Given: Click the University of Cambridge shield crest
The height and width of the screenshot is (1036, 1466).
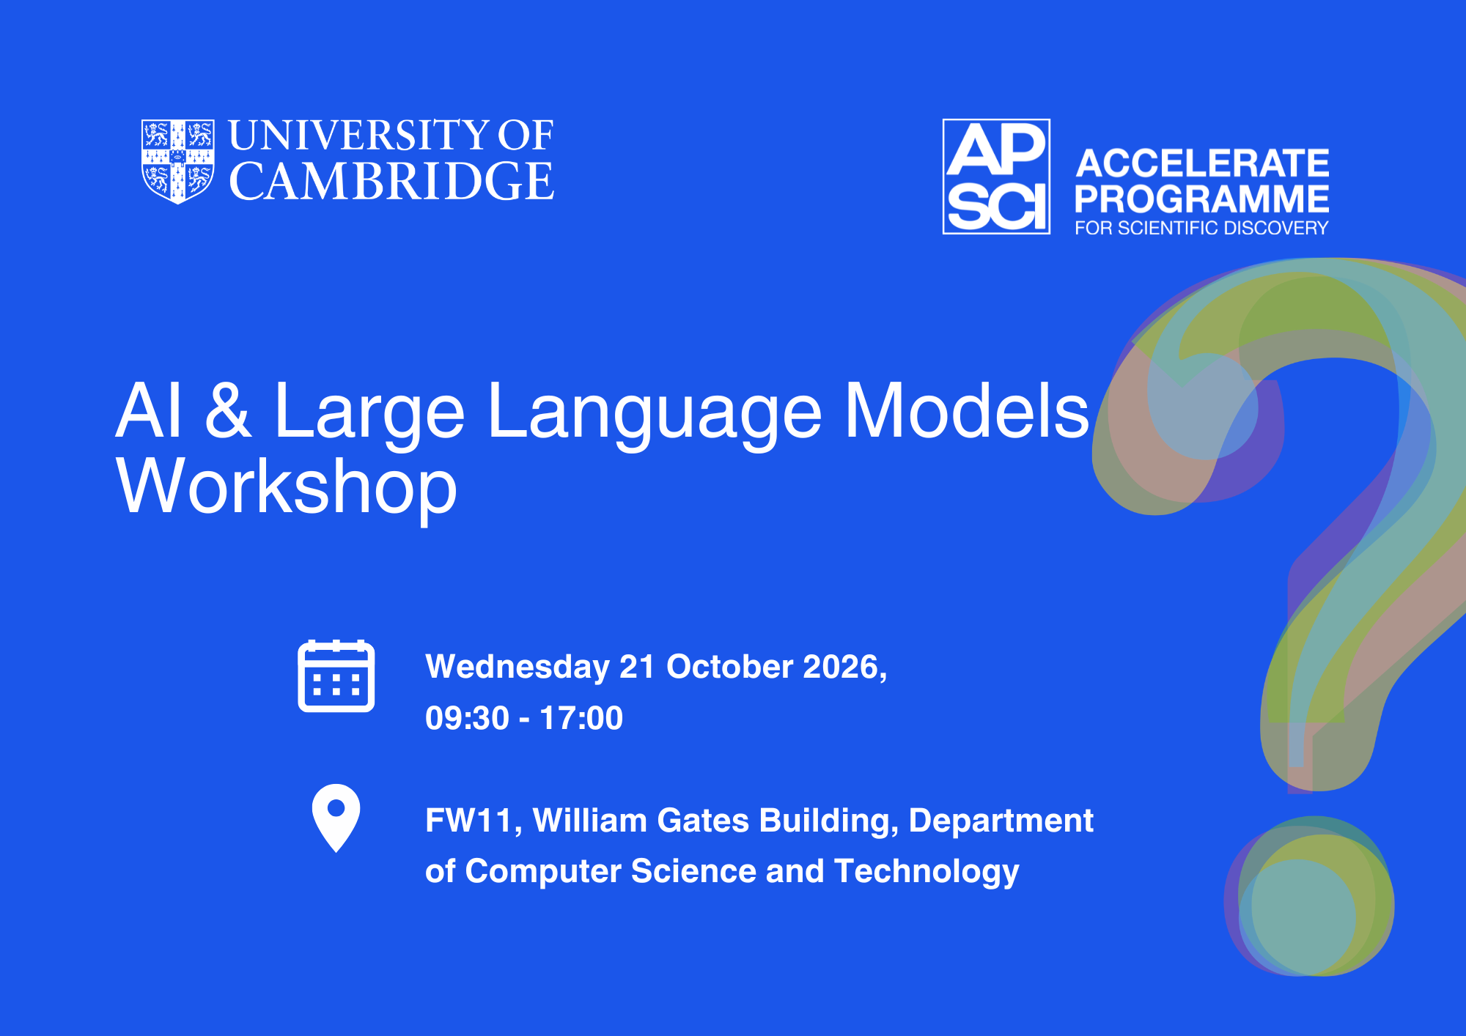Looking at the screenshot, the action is pos(178,161).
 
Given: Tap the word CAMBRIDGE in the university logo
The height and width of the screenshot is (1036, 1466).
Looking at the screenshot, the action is pos(391,181).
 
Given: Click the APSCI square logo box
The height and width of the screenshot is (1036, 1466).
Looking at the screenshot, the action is pos(996,177).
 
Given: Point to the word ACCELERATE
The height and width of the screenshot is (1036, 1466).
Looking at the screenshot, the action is pos(1202,163).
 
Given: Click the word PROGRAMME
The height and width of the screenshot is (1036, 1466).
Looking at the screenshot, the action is pos(1202,199).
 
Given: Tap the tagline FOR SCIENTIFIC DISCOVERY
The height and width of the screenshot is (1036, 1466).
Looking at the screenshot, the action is pos(1201,228).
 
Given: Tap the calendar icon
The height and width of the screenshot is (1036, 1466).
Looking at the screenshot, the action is pos(336,676).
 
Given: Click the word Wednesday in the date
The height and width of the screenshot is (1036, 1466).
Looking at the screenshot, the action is pos(517,667).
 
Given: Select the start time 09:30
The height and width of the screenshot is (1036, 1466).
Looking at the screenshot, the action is pos(467,718).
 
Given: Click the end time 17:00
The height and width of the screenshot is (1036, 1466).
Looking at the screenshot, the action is pos(581,718).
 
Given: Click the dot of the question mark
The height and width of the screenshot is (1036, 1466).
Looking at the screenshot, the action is pos(1310,896).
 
